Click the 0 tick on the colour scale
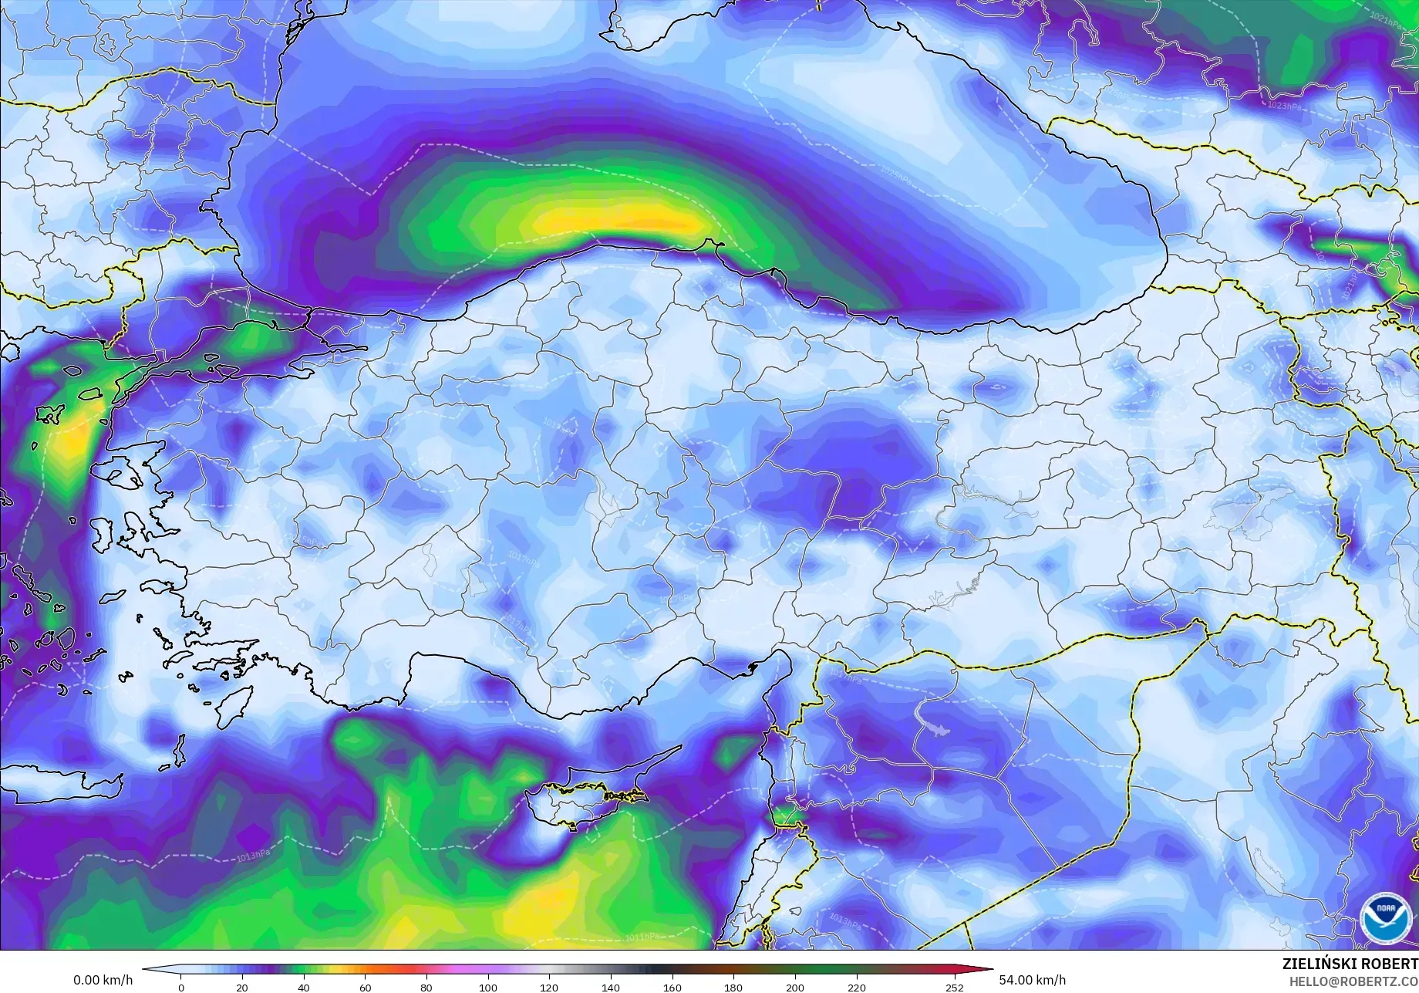tap(181, 988)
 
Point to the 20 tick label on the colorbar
tap(242, 988)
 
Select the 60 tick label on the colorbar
tap(365, 988)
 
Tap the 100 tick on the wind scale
tap(487, 988)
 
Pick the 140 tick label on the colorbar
tap(610, 988)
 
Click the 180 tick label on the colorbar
tap(733, 988)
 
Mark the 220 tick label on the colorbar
tap(856, 988)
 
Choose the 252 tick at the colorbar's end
tap(954, 988)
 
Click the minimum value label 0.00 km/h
tap(103, 981)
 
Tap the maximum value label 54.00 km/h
tap(1033, 981)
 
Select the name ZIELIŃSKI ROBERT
tap(1350, 964)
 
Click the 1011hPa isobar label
tap(641, 937)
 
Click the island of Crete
tap(62, 779)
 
